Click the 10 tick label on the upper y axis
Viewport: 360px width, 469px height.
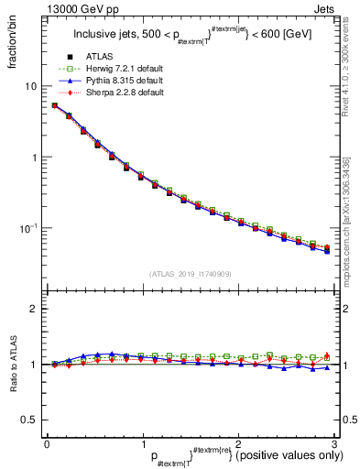[x=31, y=85]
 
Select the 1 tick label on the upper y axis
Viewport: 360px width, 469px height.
[x=34, y=157]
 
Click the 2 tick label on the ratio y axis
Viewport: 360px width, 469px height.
[x=34, y=310]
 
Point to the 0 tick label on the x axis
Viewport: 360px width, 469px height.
[x=47, y=444]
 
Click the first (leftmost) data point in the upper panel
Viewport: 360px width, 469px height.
[x=54, y=105]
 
